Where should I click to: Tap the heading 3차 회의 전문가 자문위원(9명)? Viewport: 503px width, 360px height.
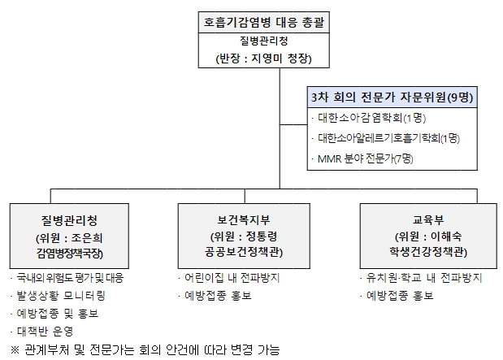(x=392, y=98)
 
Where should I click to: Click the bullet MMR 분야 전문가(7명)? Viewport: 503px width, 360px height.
(x=366, y=158)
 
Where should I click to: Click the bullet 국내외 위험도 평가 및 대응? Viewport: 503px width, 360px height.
(x=71, y=278)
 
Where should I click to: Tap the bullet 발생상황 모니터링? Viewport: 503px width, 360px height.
(x=60, y=296)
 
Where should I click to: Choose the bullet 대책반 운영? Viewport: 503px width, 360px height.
(x=45, y=331)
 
